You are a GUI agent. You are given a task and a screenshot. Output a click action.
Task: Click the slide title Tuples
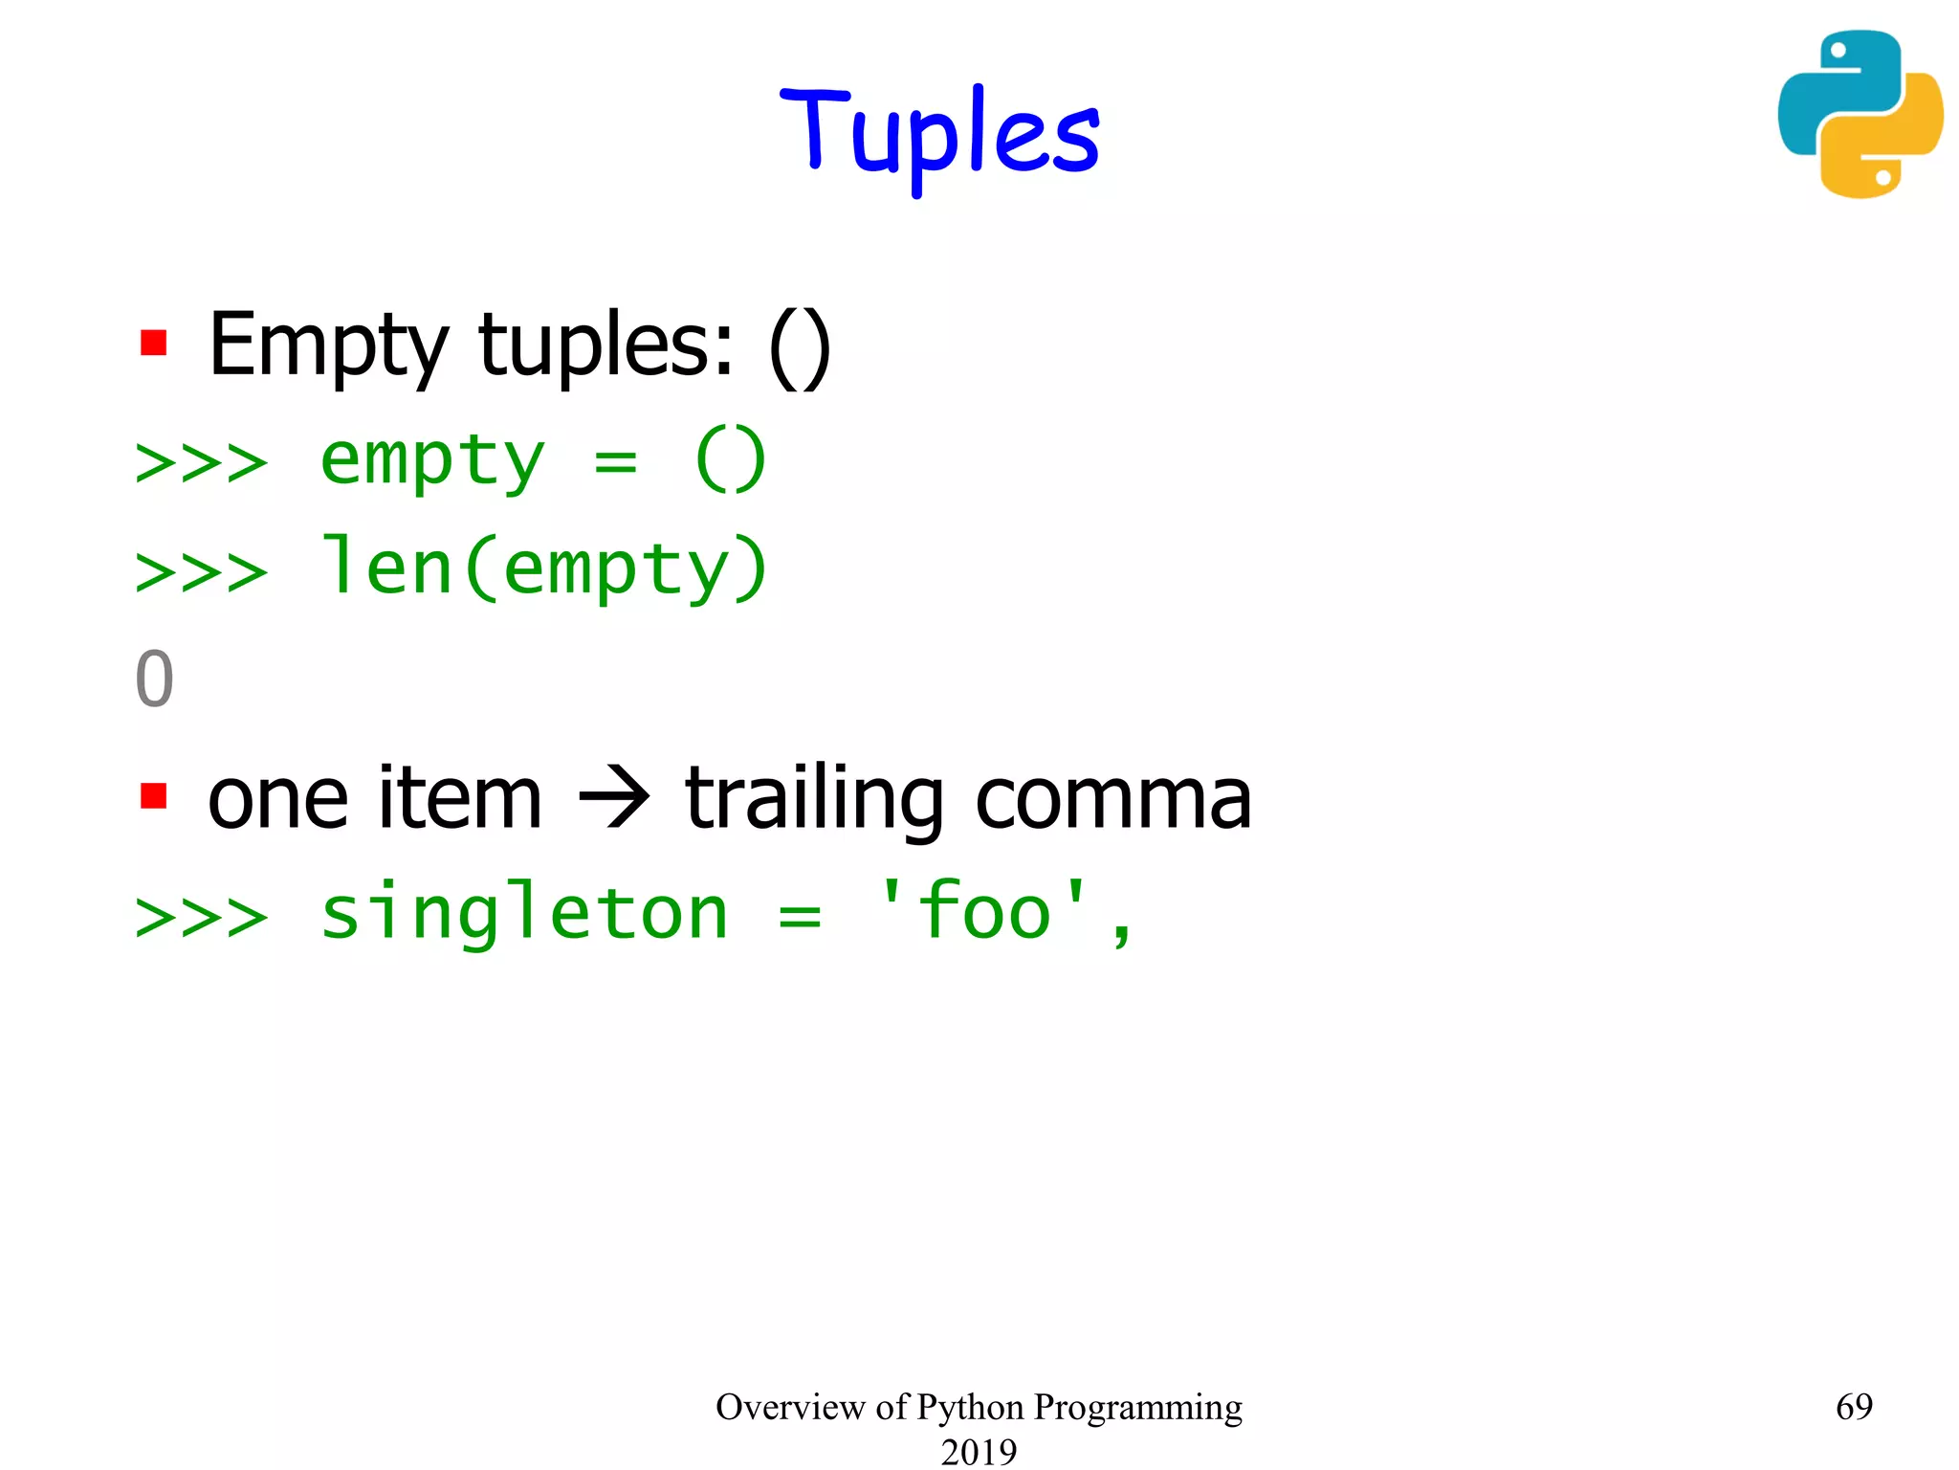click(x=940, y=134)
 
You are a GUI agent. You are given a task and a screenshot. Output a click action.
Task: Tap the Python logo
click(x=1860, y=114)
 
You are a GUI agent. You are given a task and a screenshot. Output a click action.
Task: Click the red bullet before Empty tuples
click(x=153, y=343)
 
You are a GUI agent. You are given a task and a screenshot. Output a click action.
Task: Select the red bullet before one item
click(x=153, y=795)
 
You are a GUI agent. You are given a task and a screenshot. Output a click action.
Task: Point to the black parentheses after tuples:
click(x=800, y=348)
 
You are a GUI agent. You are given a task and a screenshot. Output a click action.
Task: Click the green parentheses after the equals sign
click(x=731, y=460)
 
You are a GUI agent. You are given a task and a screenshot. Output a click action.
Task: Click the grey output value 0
click(x=154, y=679)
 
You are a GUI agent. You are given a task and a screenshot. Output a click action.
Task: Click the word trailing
click(x=814, y=800)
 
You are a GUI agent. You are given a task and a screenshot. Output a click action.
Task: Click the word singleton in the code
click(x=524, y=914)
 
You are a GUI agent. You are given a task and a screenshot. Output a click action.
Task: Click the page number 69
click(x=1854, y=1406)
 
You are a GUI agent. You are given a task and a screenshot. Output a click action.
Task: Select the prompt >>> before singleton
click(x=202, y=917)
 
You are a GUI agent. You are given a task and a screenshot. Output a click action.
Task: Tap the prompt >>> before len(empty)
click(x=202, y=572)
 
